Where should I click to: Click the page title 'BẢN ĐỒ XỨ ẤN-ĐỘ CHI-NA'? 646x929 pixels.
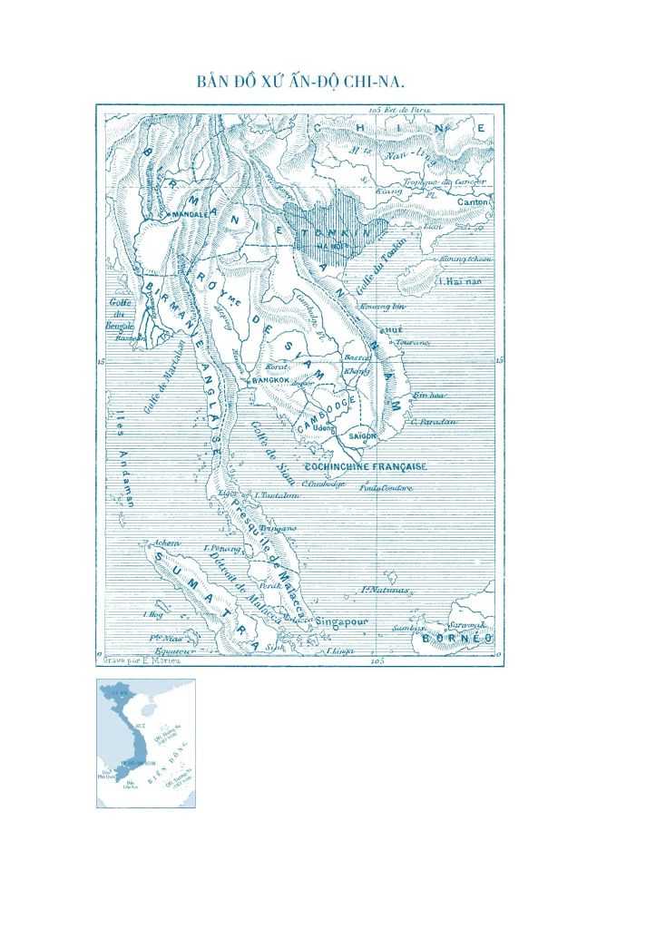click(300, 82)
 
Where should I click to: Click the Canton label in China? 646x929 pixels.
click(472, 200)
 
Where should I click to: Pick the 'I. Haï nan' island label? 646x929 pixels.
click(458, 281)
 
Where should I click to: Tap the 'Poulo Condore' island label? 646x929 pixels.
click(386, 488)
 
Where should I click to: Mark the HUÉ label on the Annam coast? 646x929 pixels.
click(391, 329)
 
